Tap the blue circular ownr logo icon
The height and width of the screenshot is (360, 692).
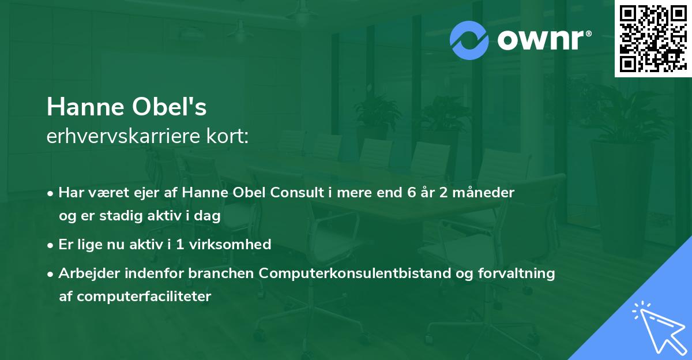tap(469, 40)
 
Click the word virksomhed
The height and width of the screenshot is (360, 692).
tap(235, 245)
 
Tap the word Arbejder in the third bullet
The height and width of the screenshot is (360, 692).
tap(83, 273)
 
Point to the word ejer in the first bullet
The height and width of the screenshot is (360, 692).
tap(144, 192)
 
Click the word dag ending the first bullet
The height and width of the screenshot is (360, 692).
tap(209, 216)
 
